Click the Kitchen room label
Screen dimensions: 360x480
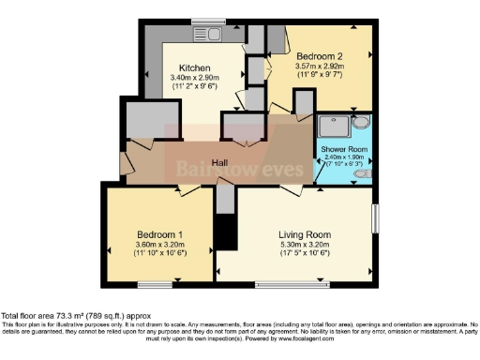193,67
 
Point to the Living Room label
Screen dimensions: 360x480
294,233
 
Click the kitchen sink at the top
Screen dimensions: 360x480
208,34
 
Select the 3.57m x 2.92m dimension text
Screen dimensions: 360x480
322,67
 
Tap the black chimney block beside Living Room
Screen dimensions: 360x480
223,232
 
